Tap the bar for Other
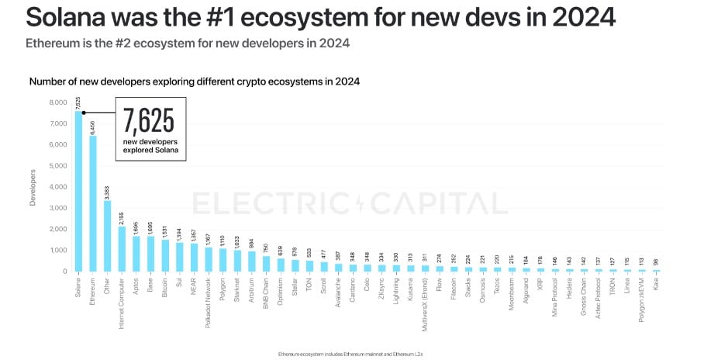point(108,236)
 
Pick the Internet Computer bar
point(122,248)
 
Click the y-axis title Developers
point(33,187)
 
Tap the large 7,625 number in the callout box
point(149,121)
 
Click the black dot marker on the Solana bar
point(83,112)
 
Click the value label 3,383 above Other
point(107,191)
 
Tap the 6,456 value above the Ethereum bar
point(93,126)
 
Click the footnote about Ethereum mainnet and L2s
point(351,353)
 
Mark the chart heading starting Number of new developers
point(194,81)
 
